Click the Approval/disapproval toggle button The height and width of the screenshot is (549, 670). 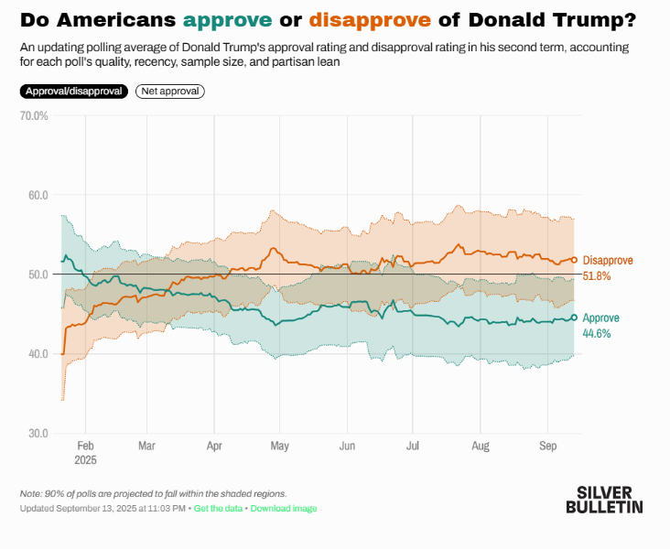(x=73, y=91)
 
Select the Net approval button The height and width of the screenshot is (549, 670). (x=170, y=91)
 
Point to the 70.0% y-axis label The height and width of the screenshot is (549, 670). (x=34, y=115)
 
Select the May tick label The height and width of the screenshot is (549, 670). (x=280, y=447)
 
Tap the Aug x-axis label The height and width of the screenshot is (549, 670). (x=480, y=447)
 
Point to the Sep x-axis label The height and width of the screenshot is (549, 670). (x=548, y=447)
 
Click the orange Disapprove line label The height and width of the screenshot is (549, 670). (x=608, y=261)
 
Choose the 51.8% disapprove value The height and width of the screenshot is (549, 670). (x=597, y=275)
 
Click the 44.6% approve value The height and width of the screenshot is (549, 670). (x=597, y=333)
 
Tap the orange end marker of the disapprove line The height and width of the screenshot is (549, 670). (x=575, y=260)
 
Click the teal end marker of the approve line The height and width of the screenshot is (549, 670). (x=575, y=318)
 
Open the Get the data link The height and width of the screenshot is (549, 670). (x=218, y=509)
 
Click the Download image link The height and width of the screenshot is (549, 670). (x=284, y=509)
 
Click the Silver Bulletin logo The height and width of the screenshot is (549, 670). (x=604, y=499)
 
